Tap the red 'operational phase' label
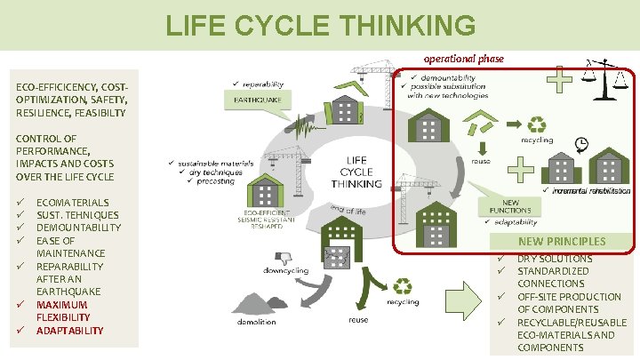(x=463, y=59)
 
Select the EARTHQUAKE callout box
(x=258, y=100)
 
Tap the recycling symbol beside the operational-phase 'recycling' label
(x=537, y=125)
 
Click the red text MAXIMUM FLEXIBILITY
(x=63, y=311)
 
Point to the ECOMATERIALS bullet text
(x=73, y=203)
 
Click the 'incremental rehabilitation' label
(x=586, y=191)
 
